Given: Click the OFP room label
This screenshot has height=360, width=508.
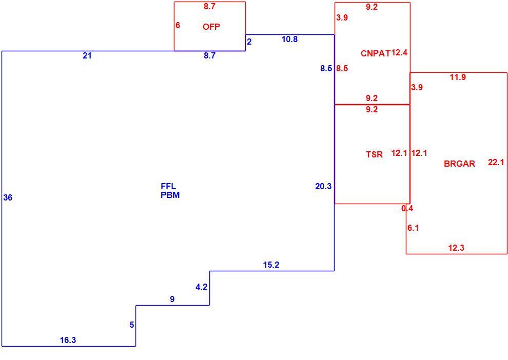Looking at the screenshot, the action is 211,27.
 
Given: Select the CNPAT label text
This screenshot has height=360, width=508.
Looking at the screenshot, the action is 376,53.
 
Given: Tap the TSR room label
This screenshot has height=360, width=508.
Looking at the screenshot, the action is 374,154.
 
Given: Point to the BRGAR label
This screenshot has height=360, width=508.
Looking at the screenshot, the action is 459,164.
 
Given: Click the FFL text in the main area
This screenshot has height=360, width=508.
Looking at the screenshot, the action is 168,186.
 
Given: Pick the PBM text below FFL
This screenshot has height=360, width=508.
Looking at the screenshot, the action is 170,195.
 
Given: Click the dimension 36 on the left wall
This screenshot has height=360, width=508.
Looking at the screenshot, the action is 8,197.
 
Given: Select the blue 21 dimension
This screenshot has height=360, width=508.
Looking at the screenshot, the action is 87,56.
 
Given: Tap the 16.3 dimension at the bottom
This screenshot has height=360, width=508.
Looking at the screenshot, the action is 68,340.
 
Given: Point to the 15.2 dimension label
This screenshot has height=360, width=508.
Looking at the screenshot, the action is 271,265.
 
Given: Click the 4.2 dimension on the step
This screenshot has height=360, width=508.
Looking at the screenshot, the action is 202,287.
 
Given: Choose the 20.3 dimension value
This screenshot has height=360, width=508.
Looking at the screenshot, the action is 323,186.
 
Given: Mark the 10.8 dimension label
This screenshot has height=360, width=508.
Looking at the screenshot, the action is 289,39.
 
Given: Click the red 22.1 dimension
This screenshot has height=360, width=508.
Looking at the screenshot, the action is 496,162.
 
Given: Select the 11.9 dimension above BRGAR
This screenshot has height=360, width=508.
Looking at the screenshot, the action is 458,77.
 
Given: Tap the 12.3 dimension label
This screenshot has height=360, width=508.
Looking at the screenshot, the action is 456,248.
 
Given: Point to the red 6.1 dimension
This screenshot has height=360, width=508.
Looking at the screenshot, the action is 413,228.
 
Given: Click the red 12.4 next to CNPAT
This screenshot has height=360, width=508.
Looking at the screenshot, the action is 399,52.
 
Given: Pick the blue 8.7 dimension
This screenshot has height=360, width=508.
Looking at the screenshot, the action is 210,55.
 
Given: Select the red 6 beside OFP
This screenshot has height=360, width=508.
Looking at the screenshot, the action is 178,25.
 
